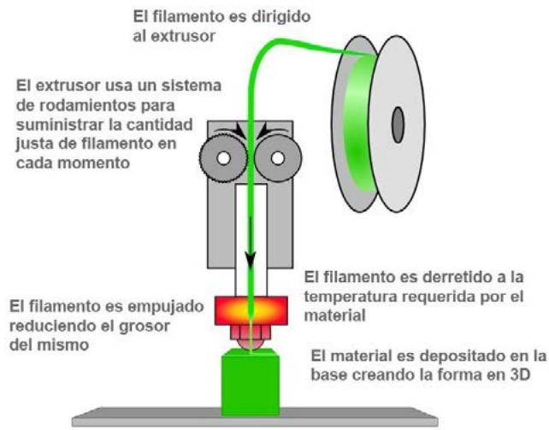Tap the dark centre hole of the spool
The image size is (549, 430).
point(397,126)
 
